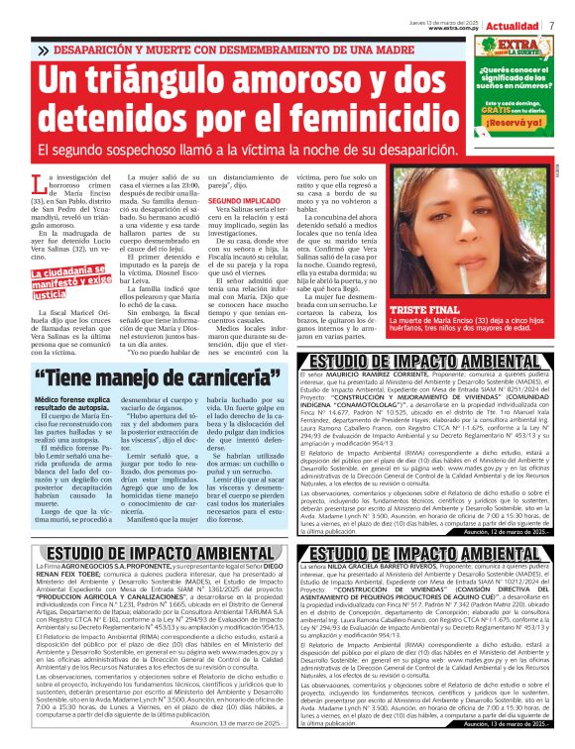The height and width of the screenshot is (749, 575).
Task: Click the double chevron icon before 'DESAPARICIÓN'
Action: point(43,49)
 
